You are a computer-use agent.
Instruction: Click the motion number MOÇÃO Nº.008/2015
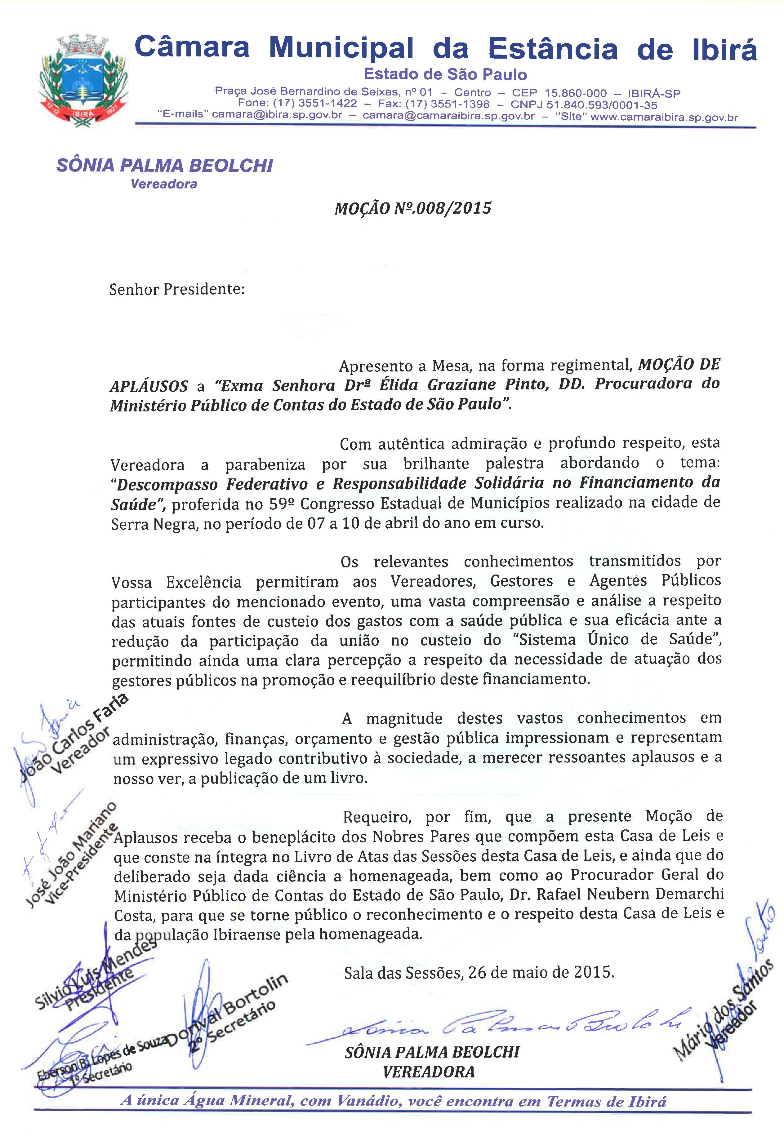413,209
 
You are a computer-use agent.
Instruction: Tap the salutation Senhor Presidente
177,290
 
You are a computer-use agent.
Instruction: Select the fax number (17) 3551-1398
447,104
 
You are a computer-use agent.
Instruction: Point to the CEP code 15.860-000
576,93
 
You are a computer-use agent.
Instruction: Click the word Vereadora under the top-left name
164,184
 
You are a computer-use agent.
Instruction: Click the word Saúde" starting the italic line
140,504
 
